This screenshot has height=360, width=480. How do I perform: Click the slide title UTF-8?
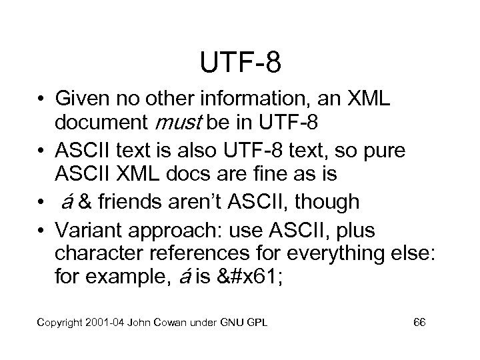pos(240,63)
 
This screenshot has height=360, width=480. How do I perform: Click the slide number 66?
pos(419,323)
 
